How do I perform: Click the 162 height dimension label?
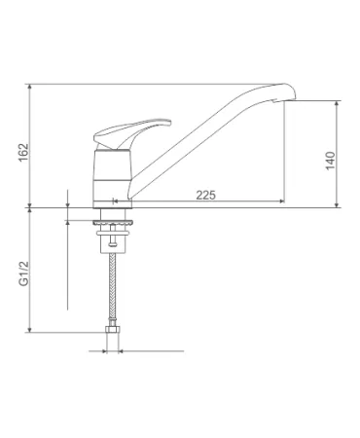pyautogui.click(x=23, y=153)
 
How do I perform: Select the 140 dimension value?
pyautogui.click(x=330, y=161)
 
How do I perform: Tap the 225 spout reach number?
pyautogui.click(x=205, y=195)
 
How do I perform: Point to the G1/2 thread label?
pyautogui.click(x=23, y=274)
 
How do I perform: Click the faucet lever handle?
pyautogui.click(x=131, y=133)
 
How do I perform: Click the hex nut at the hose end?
pyautogui.click(x=112, y=330)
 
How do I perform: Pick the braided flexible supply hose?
pyautogui.click(x=112, y=289)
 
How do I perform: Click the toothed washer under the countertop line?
pyautogui.click(x=112, y=223)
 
